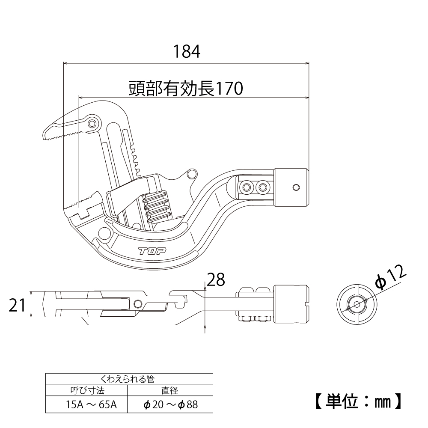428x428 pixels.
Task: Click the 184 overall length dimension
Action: pyautogui.click(x=187, y=51)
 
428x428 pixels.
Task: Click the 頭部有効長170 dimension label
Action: pyautogui.click(x=186, y=89)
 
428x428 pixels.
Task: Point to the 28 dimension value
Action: pyautogui.click(x=216, y=280)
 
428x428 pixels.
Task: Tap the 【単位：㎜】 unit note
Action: pyautogui.click(x=358, y=401)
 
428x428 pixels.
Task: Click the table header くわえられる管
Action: pyautogui.click(x=129, y=379)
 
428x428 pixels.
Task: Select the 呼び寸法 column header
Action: pyautogui.click(x=87, y=390)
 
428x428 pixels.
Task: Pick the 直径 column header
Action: pyautogui.click(x=170, y=390)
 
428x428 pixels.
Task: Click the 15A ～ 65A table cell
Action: pyautogui.click(x=87, y=404)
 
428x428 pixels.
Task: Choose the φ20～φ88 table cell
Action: pyautogui.click(x=171, y=404)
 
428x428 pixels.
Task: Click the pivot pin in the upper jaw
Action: pyautogui.click(x=92, y=124)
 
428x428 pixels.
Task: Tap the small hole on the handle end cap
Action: pyautogui.click(x=296, y=187)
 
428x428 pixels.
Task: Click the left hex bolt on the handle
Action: pyautogui.click(x=247, y=187)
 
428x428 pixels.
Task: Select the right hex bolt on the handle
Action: pyautogui.click(x=262, y=187)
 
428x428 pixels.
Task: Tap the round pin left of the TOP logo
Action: pyautogui.click(x=104, y=234)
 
